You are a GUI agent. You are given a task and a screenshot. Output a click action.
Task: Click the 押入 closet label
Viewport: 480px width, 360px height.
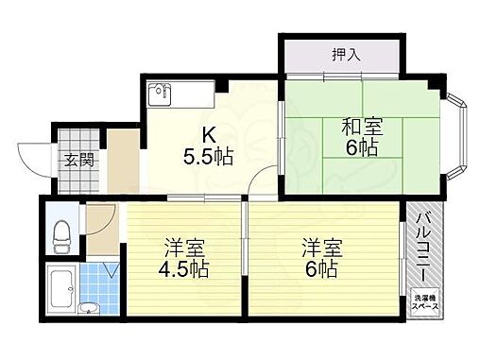(x=347, y=54)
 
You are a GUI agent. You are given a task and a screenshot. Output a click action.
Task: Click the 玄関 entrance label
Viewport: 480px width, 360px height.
(x=78, y=159)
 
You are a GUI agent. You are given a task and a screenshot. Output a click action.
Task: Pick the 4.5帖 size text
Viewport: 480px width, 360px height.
(x=183, y=267)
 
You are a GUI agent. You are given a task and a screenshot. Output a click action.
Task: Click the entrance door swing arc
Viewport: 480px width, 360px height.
(x=38, y=156)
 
